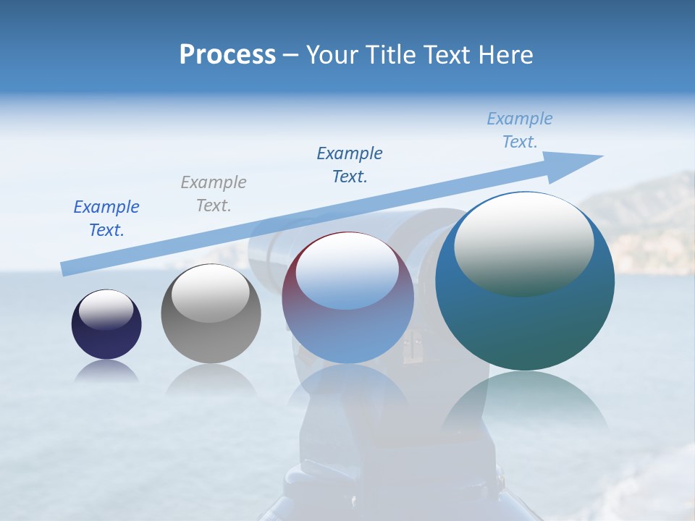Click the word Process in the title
click(x=227, y=55)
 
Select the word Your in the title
click(x=331, y=55)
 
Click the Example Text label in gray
click(x=214, y=194)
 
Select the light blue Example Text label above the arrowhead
click(x=520, y=130)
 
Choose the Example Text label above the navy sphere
click(x=106, y=219)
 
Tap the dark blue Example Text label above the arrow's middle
click(x=350, y=165)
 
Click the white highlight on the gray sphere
click(x=211, y=294)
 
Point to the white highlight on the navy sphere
click(x=106, y=310)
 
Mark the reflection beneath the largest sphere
click(x=525, y=405)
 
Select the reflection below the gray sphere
click(x=211, y=379)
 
